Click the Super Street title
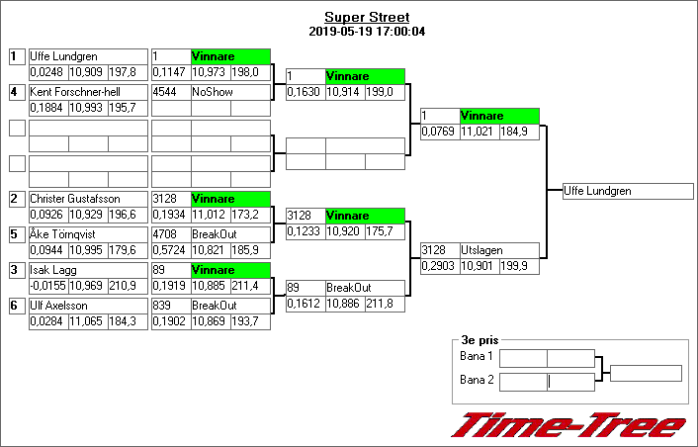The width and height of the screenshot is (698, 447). click(x=367, y=17)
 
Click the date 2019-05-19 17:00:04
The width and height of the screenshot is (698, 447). click(x=367, y=31)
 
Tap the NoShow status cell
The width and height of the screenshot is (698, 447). click(x=230, y=92)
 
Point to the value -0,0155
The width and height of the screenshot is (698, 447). click(x=47, y=286)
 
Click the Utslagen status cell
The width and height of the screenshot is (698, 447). click(x=500, y=251)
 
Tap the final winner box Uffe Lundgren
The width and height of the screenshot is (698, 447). click(x=627, y=191)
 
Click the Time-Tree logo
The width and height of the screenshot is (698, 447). click(x=568, y=425)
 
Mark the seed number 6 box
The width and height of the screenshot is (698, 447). click(x=16, y=306)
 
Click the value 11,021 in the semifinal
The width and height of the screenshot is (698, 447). click(x=479, y=132)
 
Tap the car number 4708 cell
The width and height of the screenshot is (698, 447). click(x=170, y=234)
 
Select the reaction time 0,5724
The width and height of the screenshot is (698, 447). click(x=170, y=250)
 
